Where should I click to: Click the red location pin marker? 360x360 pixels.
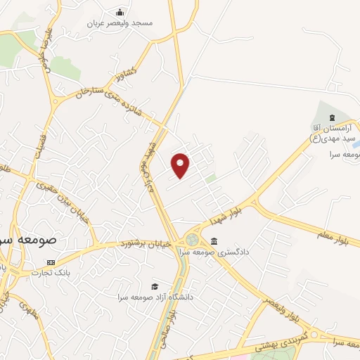[x=181, y=165]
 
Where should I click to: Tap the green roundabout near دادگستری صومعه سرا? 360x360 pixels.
[x=192, y=240]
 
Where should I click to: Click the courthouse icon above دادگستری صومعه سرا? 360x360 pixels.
[x=213, y=241]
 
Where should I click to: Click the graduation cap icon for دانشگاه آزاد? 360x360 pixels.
[x=154, y=287]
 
